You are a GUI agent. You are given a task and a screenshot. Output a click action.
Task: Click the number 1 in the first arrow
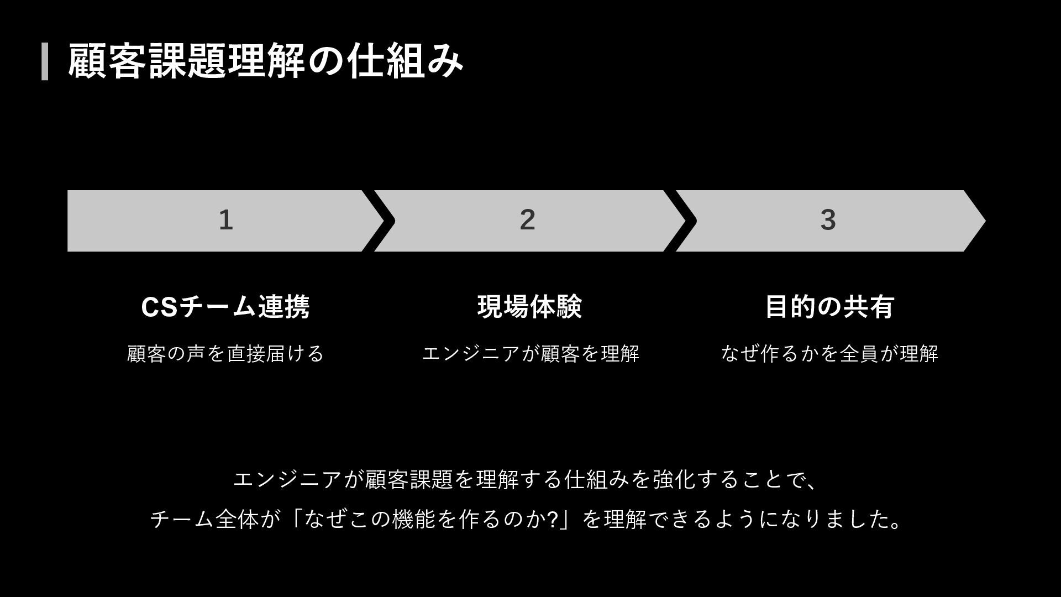point(225,220)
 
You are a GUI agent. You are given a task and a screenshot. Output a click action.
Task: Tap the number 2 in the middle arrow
point(527,220)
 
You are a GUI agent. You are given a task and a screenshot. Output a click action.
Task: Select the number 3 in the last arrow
point(827,220)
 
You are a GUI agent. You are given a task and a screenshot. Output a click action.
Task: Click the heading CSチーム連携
point(225,307)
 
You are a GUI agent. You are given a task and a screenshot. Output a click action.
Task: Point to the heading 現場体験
point(529,307)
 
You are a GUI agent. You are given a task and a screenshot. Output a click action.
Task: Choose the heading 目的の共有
point(829,307)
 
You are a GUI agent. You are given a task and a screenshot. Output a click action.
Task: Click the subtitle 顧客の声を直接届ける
point(225,354)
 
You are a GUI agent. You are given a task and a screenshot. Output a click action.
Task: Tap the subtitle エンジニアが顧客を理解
point(530,354)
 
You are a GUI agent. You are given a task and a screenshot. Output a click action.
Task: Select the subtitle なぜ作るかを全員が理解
point(829,354)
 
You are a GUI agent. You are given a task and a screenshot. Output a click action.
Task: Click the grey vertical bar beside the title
point(45,61)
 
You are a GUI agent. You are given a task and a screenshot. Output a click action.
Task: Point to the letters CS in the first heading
point(160,307)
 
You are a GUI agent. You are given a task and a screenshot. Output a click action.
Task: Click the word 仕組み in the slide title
point(405,61)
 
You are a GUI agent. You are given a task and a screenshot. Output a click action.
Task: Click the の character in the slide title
point(326,62)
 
